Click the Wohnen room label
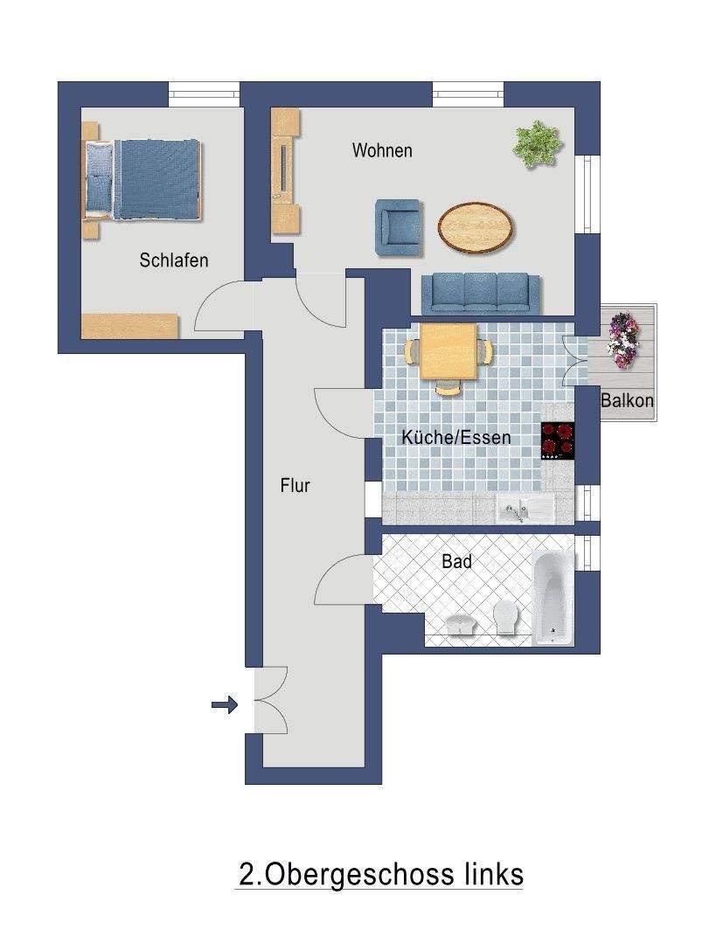382,150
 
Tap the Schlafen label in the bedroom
174,260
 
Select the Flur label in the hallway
295,486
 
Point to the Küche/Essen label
455,438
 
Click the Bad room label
456,562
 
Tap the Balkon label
627,401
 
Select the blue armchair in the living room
399,227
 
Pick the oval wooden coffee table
476,226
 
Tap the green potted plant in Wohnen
536,143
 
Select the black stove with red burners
558,440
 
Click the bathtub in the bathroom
553,598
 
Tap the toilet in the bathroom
506,619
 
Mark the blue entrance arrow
225,704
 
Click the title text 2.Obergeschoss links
380,874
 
